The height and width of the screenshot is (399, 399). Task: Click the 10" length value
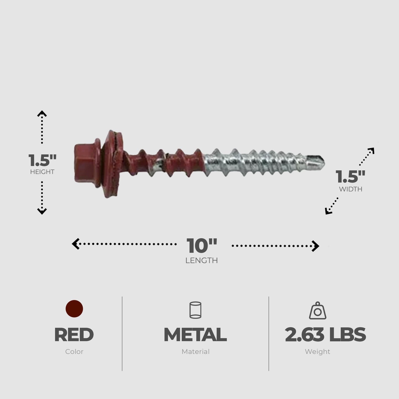tap(202, 246)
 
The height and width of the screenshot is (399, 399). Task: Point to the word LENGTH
tap(202, 260)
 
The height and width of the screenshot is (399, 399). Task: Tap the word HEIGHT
tap(42, 172)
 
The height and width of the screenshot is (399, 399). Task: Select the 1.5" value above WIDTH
tap(350, 177)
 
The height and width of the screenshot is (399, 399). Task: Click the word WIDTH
tap(351, 189)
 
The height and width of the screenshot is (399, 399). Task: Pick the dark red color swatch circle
tap(74, 309)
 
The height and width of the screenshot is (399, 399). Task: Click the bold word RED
tap(74, 335)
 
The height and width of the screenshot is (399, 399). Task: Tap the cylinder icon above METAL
tap(195, 310)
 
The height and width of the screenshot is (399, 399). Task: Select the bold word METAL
tap(195, 335)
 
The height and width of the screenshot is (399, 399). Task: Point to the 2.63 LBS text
tap(325, 335)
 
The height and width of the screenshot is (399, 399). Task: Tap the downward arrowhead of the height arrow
tap(42, 212)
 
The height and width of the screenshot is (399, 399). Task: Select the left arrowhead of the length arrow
tap(75, 244)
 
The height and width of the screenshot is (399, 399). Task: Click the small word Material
tap(195, 352)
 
